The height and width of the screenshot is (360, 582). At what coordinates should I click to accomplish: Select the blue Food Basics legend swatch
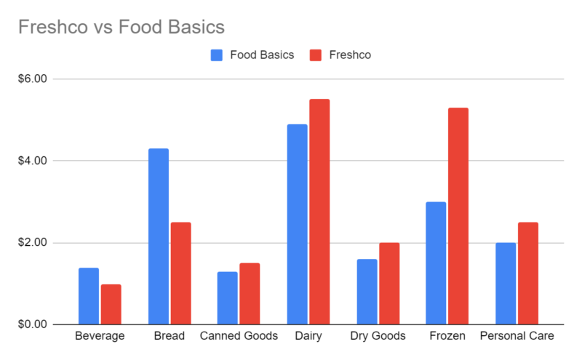(217, 55)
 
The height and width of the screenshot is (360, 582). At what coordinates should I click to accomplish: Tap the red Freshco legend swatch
(316, 55)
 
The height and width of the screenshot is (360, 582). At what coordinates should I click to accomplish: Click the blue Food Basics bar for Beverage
(89, 296)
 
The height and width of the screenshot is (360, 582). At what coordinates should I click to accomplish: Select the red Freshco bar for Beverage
(111, 304)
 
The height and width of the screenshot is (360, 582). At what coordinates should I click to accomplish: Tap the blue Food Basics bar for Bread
(158, 236)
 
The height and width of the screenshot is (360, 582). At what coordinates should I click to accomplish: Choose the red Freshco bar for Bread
(180, 273)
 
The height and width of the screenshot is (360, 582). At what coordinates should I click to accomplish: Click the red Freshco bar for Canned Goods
(250, 294)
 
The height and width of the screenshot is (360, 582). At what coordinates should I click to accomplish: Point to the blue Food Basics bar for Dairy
(297, 224)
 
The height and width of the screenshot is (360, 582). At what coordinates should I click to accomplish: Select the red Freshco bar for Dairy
(319, 212)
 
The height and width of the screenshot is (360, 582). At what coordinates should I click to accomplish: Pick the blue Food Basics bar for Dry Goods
(366, 292)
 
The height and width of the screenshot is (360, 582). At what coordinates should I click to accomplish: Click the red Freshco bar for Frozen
(458, 216)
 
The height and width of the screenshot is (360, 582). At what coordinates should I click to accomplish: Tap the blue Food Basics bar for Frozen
(436, 263)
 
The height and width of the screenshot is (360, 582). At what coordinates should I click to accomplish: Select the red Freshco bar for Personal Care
(527, 273)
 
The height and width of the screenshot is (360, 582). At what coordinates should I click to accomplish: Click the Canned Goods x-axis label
(239, 336)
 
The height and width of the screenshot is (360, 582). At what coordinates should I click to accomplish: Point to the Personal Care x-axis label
(517, 336)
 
